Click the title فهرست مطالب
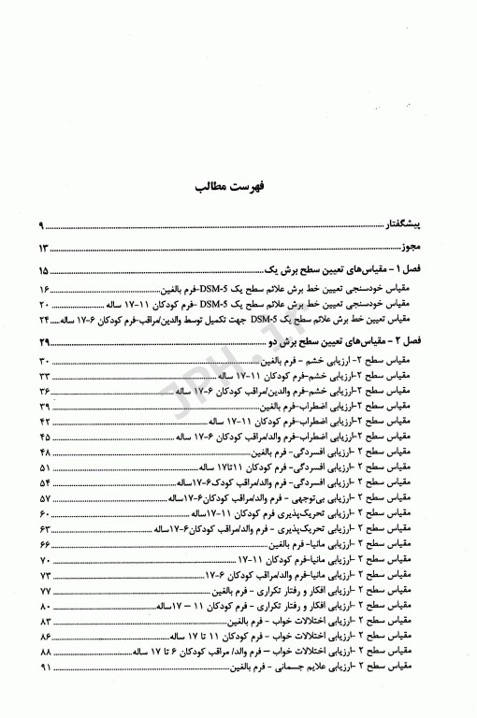[237, 185]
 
